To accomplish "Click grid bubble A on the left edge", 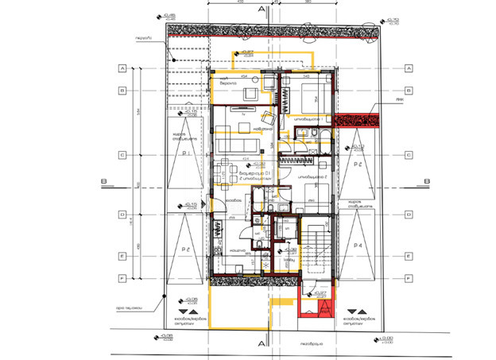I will coord(123,68).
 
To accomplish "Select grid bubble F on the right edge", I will coord(408,278).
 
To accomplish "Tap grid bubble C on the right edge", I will coord(408,156).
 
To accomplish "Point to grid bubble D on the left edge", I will coord(123,215).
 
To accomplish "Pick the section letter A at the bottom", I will coord(261,343).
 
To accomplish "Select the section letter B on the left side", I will coord(103,181).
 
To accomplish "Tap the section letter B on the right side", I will coord(426,181).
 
